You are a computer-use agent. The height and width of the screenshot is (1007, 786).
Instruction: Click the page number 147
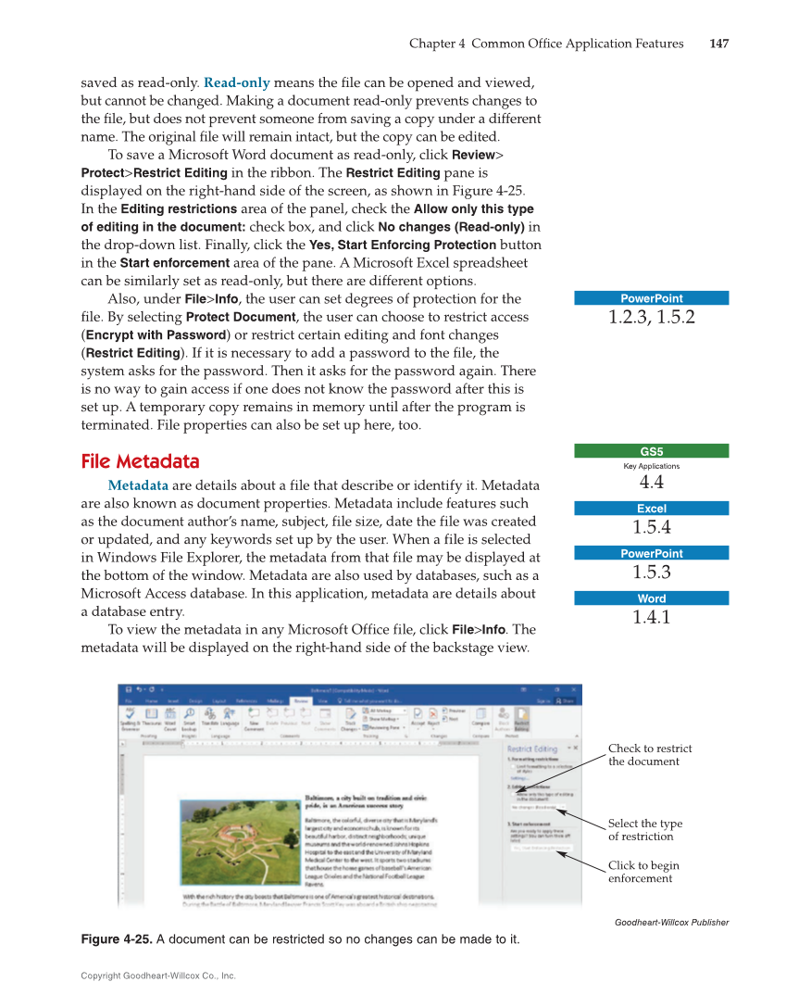point(718,44)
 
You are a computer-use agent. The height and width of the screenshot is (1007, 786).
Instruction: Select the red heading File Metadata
point(140,461)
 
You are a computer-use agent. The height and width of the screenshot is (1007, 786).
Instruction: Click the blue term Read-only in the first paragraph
point(236,83)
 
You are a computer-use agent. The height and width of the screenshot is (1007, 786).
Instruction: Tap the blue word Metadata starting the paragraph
point(138,485)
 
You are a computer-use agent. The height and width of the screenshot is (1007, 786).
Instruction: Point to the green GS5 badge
point(651,451)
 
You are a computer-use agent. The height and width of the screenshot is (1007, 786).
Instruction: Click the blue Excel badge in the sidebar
point(651,509)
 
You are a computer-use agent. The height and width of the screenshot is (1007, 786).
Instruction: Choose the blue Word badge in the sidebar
point(651,598)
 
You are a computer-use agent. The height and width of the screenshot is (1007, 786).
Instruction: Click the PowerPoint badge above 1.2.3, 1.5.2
point(651,298)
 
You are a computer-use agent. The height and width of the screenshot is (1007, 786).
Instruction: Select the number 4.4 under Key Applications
point(651,483)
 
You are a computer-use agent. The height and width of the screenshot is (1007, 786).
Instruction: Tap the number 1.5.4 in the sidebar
point(651,527)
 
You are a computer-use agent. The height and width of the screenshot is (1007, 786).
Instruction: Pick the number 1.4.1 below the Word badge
point(651,617)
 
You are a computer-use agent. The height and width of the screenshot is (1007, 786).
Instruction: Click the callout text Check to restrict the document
point(650,755)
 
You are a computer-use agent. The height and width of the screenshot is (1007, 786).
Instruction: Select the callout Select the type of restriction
point(645,830)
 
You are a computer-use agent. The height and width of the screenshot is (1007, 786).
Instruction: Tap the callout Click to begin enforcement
point(643,872)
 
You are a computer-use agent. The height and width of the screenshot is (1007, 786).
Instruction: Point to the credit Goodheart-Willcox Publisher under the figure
point(671,922)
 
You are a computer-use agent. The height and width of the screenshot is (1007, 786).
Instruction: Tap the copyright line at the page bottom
point(158,976)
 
